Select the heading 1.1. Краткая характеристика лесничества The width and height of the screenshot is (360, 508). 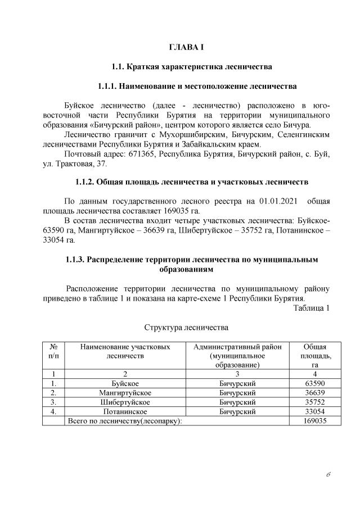click(192, 67)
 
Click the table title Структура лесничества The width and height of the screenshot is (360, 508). click(186, 326)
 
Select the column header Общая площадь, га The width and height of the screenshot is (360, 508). click(314, 356)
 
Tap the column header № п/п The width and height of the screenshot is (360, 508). click(53, 351)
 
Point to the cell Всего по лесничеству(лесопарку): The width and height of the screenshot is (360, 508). click(125, 421)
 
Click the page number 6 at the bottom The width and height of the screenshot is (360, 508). click(327, 474)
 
